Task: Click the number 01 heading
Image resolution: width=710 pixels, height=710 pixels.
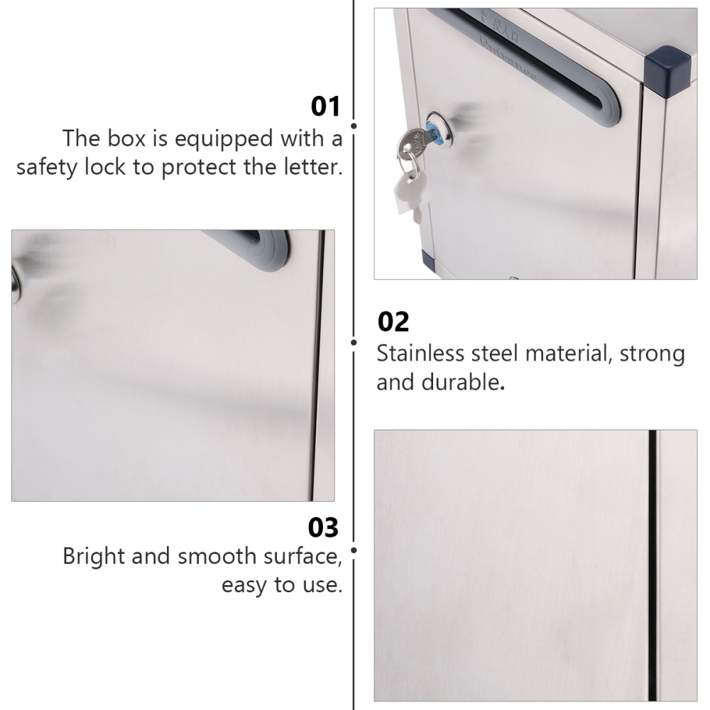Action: point(326,106)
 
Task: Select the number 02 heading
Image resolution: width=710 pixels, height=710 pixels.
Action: point(393,322)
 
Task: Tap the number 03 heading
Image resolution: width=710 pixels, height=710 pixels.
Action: point(323,528)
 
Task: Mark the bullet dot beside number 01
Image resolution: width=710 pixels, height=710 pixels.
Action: point(354,126)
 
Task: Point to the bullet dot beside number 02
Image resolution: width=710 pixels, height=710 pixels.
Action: point(354,342)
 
